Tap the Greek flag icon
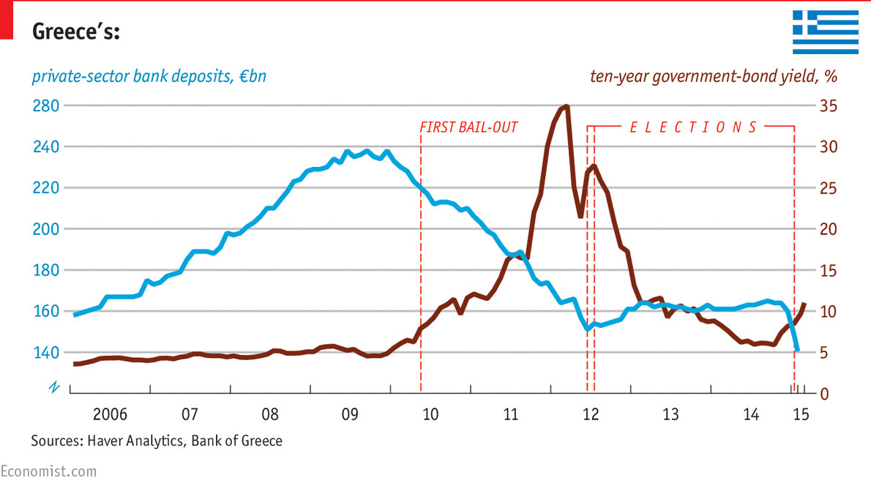(x=826, y=31)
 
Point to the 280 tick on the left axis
(x=45, y=106)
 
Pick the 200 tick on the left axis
(x=45, y=229)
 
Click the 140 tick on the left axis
(x=45, y=353)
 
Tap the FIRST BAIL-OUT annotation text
(x=468, y=127)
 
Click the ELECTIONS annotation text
(x=692, y=127)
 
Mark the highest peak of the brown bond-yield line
(x=567, y=106)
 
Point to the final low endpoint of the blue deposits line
(x=797, y=351)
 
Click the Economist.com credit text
(x=48, y=471)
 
